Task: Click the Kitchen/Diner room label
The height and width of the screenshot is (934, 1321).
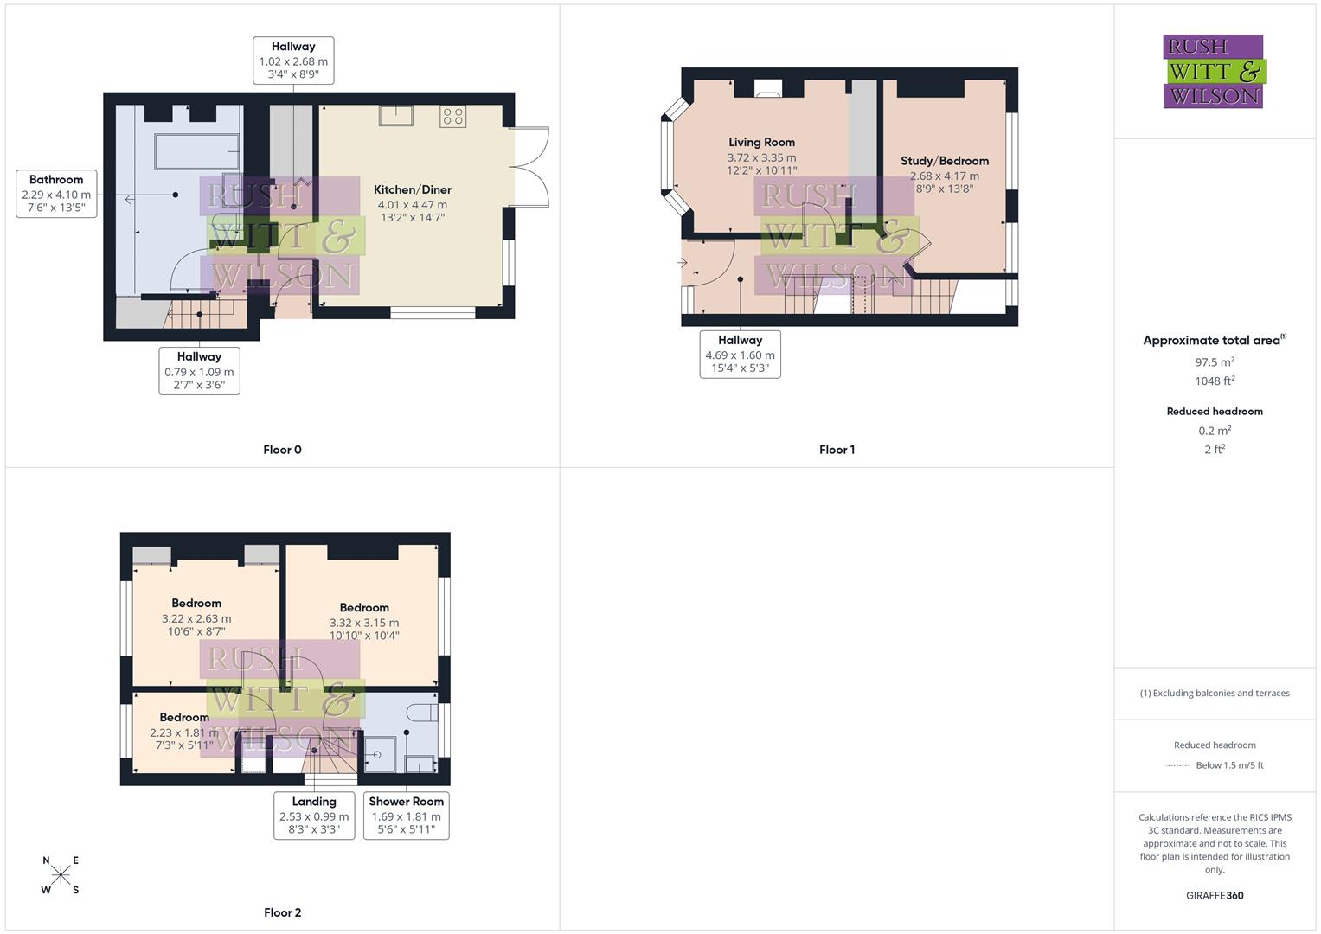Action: click(x=413, y=190)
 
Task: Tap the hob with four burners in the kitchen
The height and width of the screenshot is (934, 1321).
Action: click(x=452, y=116)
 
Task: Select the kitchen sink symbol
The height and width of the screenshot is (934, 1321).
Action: click(x=395, y=115)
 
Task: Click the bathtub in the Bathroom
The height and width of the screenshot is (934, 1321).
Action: click(x=196, y=151)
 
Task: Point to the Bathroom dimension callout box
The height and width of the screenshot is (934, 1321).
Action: click(x=56, y=194)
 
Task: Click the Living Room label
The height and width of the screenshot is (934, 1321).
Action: click(x=761, y=143)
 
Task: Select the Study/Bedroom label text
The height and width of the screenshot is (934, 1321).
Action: click(x=944, y=161)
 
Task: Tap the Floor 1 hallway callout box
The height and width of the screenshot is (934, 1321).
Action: click(x=740, y=354)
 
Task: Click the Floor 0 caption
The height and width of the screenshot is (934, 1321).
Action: click(x=282, y=450)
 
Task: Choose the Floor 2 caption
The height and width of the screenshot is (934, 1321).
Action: click(x=282, y=912)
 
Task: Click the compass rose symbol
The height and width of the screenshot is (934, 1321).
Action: click(x=61, y=875)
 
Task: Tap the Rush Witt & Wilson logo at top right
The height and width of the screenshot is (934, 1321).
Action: click(x=1214, y=72)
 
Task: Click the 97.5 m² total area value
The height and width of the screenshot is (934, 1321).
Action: click(x=1215, y=362)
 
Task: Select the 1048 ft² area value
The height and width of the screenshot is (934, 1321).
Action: click(x=1215, y=381)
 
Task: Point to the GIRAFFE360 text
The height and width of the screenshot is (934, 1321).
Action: click(x=1215, y=896)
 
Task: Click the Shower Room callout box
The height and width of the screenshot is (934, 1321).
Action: click(x=406, y=815)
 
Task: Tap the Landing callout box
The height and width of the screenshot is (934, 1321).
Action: click(x=314, y=815)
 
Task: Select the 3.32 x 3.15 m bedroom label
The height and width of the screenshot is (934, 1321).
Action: click(x=364, y=622)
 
